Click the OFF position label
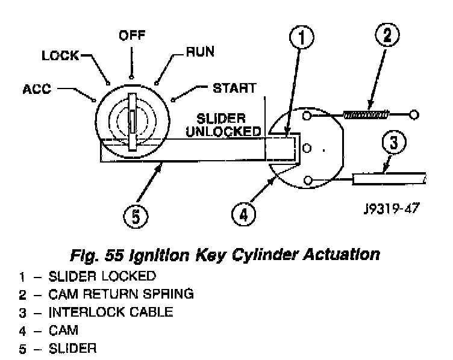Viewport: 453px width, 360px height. point(132,36)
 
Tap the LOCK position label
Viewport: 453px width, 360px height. point(60,55)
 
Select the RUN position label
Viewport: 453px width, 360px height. point(200,52)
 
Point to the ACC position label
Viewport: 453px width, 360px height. point(37,89)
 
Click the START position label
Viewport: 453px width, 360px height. point(234,88)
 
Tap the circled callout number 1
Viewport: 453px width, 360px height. point(302,37)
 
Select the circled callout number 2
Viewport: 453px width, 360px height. point(387,35)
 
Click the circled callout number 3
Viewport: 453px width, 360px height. point(394,143)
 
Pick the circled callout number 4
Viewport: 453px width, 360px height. point(243,215)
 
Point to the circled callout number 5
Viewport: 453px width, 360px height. point(136,216)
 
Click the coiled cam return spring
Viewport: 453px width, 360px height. point(366,114)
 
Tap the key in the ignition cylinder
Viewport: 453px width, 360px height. point(133,122)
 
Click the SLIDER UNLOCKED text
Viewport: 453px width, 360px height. point(223,125)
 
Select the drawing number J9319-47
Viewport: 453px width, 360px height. point(392,208)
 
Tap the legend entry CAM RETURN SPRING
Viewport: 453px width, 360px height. point(121,294)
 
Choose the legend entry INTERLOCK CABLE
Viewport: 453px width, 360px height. point(111,312)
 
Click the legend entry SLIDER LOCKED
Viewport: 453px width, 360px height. point(102,276)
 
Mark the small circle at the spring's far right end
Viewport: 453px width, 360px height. point(414,115)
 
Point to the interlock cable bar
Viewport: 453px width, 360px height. point(389,179)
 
